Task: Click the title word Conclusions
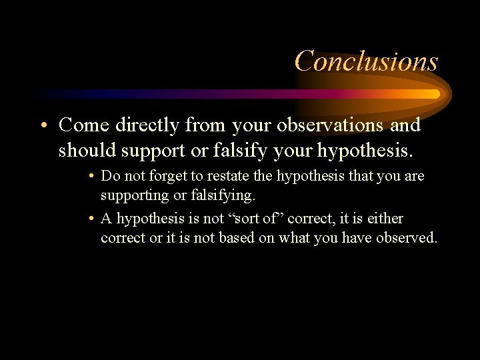366,61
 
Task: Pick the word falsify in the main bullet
239,150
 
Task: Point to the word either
385,219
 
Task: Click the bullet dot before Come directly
44,125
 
